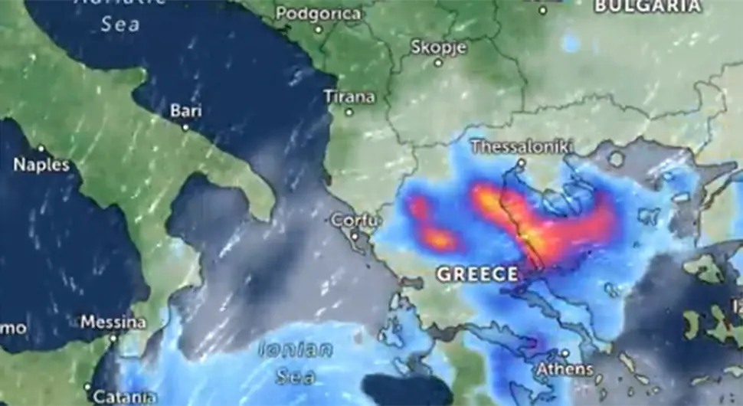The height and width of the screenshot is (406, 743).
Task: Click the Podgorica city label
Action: pyautogui.click(x=318, y=14)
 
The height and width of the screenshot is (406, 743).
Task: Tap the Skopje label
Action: pyautogui.click(x=439, y=47)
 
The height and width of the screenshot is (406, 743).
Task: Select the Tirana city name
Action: pyautogui.click(x=349, y=97)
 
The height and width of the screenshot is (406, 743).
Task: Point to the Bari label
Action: pyautogui.click(x=185, y=111)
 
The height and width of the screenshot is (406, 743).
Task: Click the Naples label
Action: pyautogui.click(x=41, y=165)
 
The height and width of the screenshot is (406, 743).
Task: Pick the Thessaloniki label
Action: pyautogui.click(x=522, y=146)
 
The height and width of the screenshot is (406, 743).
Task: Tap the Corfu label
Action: pyautogui.click(x=355, y=221)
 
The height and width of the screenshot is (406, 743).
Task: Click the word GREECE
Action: pyautogui.click(x=478, y=273)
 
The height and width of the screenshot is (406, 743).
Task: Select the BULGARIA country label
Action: pyautogui.click(x=648, y=6)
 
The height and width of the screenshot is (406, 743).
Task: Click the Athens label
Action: pyautogui.click(x=565, y=368)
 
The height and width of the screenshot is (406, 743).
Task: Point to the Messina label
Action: pyautogui.click(x=113, y=323)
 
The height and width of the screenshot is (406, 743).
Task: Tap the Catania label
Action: pyautogui.click(x=124, y=397)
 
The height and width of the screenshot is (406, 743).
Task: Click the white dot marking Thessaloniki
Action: pyautogui.click(x=521, y=162)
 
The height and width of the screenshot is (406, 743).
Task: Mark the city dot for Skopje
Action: pyautogui.click(x=438, y=63)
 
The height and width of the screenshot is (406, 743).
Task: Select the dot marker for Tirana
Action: pyautogui.click(x=349, y=112)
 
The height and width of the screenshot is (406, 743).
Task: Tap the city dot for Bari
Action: pyautogui.click(x=185, y=126)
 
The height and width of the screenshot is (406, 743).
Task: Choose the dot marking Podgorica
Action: pyautogui.click(x=318, y=29)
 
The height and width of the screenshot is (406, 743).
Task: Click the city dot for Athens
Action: pyautogui.click(x=565, y=353)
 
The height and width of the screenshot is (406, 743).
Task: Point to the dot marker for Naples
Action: pyautogui.click(x=41, y=149)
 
